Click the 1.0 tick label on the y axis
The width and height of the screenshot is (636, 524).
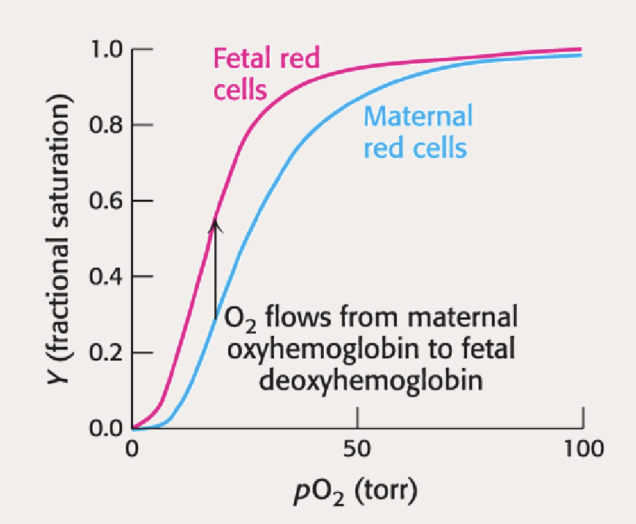coord(107,50)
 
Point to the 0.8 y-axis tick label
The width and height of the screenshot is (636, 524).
coord(107,126)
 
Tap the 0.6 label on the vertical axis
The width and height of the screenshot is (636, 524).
coord(107,201)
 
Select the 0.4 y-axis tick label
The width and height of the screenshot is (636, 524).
coord(107,277)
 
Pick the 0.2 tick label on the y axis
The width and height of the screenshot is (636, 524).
coord(107,353)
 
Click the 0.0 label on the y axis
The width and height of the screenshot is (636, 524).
coord(107,428)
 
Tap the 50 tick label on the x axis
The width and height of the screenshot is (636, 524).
coord(357,448)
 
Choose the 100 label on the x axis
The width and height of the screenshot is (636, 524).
coord(583,448)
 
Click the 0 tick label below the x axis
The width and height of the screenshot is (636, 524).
coord(132,448)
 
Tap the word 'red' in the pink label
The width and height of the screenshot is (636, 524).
coord(300,59)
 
